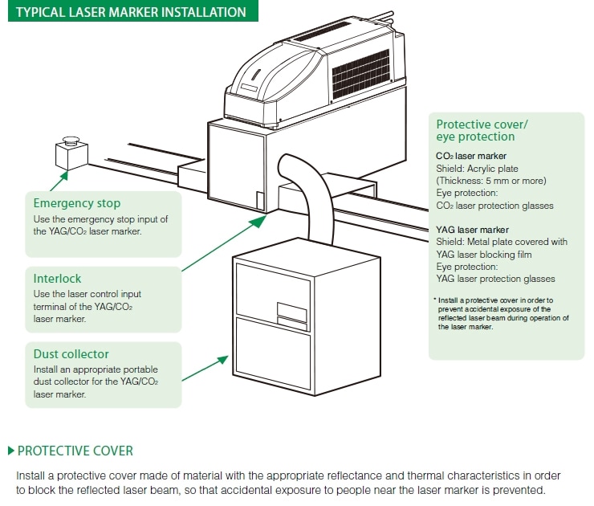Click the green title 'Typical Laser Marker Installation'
[x=128, y=13]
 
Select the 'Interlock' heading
[x=57, y=279]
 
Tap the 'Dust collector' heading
[x=71, y=354]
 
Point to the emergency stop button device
[x=68, y=150]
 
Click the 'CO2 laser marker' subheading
[x=471, y=156]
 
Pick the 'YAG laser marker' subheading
[x=473, y=229]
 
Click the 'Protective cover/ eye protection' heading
[x=482, y=130]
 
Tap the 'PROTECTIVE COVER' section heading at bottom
[x=75, y=451]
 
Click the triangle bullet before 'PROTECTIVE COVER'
[x=10, y=451]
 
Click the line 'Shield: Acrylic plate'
[x=477, y=169]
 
